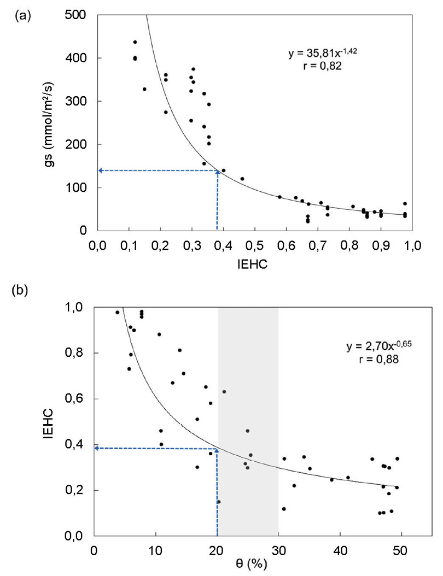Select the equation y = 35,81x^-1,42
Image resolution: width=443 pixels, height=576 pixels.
click(322, 54)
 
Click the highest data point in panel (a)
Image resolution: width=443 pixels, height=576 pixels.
click(135, 42)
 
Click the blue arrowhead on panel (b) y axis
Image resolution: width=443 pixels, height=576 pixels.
click(97, 448)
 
